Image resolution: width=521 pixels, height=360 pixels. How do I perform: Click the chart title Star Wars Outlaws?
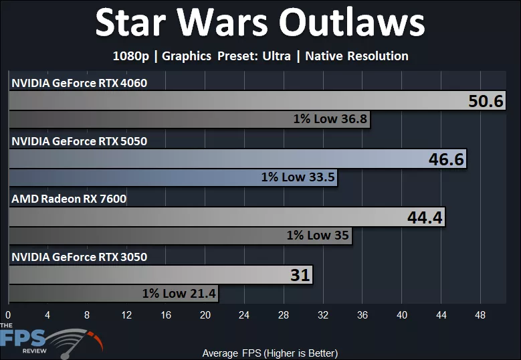tap(259, 24)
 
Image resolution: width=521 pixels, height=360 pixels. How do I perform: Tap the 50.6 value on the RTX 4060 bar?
tap(486, 102)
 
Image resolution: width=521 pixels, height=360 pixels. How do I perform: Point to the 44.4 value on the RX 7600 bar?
tap(425, 217)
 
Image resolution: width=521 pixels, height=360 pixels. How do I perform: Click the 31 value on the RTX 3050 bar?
tap(300, 275)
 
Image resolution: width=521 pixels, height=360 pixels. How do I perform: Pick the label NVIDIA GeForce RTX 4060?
tap(79, 83)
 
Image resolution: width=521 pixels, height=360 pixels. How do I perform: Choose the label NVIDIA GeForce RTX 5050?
tap(79, 141)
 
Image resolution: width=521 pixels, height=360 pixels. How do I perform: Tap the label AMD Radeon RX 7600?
tap(69, 199)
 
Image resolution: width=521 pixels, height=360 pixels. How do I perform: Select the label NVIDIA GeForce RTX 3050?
tap(79, 257)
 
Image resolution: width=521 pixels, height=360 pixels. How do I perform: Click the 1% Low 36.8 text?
tap(330, 120)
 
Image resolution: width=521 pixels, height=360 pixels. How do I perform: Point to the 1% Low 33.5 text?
tap(298, 178)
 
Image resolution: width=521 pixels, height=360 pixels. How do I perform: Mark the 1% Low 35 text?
tap(318, 236)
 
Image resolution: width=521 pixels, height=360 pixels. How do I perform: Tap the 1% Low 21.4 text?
tap(179, 293)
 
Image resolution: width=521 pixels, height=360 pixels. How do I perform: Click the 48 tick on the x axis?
tap(480, 314)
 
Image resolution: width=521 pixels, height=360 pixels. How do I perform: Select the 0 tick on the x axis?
tap(8, 314)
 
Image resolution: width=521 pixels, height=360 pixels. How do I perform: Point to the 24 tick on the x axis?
tap(244, 314)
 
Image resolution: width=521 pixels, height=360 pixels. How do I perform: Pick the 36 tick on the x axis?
tap(362, 314)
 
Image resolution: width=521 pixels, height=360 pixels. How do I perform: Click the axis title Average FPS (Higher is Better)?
tap(270, 353)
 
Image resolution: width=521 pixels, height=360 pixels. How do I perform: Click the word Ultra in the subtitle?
tap(276, 56)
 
